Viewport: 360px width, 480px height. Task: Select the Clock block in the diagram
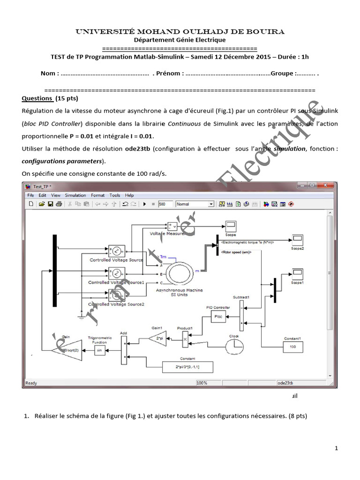tap(234, 346)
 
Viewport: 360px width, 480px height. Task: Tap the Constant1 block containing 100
tap(292, 347)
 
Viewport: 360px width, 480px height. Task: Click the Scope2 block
tap(298, 240)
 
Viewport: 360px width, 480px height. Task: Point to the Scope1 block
tap(298, 274)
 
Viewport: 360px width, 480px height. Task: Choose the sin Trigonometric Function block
tap(98, 350)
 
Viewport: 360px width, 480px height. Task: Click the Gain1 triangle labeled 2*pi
tap(157, 338)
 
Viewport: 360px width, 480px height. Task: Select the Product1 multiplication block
tap(185, 338)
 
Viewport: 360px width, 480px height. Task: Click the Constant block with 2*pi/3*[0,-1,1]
tap(187, 367)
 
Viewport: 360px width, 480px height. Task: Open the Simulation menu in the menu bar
tap(75, 195)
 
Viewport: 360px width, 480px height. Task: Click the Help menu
tap(129, 195)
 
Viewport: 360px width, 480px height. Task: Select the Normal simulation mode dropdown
tap(195, 204)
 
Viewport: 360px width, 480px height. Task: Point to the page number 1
tap(337, 449)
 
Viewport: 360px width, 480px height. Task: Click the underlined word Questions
tap(37, 98)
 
